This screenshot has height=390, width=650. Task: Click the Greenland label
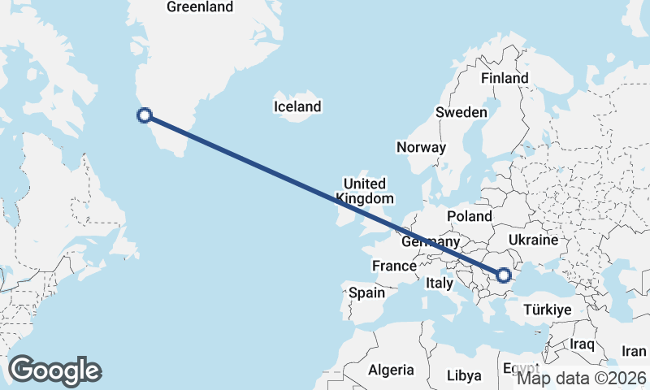[x=199, y=7]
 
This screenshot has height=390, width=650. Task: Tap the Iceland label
[x=297, y=106]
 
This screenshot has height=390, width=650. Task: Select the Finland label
[x=505, y=78]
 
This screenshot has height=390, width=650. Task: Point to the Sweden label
[x=461, y=112]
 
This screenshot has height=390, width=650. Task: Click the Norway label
[x=421, y=147]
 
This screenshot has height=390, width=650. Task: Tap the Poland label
[x=469, y=216]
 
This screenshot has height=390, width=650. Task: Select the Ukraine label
[x=533, y=240]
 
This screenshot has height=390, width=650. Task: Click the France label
[x=394, y=266]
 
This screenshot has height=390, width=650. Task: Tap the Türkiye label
[x=548, y=310]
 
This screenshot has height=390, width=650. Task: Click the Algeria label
[x=391, y=370]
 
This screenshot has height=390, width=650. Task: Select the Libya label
[x=464, y=376]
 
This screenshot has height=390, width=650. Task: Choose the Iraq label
[x=583, y=344]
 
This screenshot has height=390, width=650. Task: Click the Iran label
[x=634, y=351]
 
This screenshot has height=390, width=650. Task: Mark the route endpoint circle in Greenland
[x=145, y=115]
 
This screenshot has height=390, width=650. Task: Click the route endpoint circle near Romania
[x=505, y=276]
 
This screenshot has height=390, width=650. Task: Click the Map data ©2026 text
[x=582, y=378]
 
